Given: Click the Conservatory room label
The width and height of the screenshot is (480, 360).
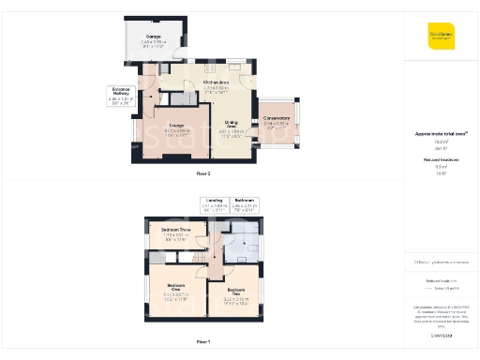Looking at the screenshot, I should pos(277,119).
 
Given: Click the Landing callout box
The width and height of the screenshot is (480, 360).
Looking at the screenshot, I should pos(215,204).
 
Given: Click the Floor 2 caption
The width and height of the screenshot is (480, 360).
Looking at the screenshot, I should pos(203,174).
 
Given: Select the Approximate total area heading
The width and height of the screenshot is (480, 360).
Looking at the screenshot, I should pos(441,134).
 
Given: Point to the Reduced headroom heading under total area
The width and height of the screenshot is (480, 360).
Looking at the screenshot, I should pos(441,161).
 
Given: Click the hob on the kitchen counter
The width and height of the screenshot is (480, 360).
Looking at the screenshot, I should pos(210,67).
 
